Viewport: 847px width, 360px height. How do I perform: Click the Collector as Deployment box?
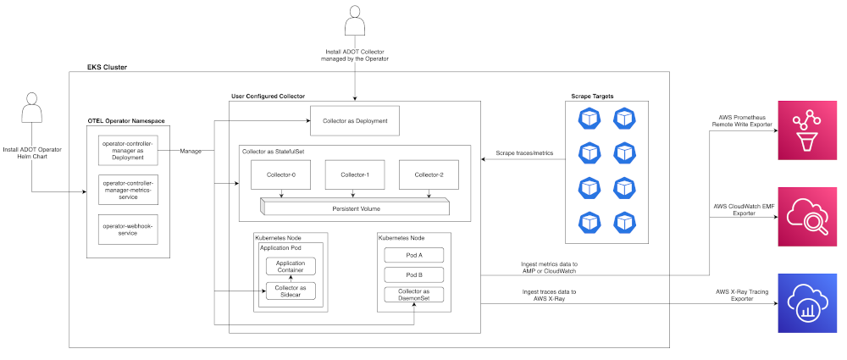coord(355,121)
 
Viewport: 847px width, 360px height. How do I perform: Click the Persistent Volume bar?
coord(355,208)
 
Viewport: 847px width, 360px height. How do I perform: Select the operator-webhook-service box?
coord(129,230)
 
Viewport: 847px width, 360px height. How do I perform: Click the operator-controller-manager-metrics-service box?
coord(129,189)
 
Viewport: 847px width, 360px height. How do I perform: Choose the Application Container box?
coord(291,265)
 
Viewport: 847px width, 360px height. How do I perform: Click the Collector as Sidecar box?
coord(291,291)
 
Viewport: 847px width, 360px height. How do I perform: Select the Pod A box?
coord(414,254)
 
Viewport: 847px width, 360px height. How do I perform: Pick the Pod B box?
coord(414,275)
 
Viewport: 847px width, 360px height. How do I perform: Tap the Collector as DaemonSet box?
coord(414,296)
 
